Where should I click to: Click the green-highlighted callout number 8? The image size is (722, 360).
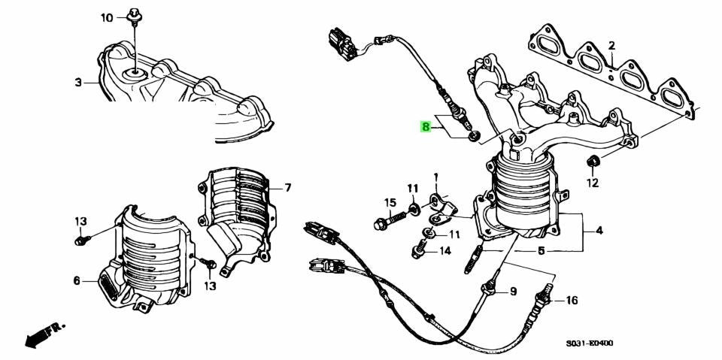426,126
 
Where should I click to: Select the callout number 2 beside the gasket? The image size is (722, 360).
611,46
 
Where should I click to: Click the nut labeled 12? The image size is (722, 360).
593,162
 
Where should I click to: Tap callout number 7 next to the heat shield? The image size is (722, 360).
288,188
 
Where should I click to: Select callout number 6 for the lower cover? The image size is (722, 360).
77,280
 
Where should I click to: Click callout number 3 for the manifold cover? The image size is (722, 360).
78,83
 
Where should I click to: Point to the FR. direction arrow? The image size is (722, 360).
44,334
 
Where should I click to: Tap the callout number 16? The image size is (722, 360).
571,301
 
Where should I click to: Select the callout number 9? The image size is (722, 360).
513,292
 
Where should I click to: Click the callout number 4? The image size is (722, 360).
599,230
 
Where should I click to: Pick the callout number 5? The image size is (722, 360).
541,251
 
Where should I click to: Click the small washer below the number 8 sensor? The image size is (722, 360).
474,136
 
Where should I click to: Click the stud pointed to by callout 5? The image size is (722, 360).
473,259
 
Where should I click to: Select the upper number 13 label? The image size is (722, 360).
80,222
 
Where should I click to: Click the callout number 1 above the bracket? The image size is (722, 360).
436,177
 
